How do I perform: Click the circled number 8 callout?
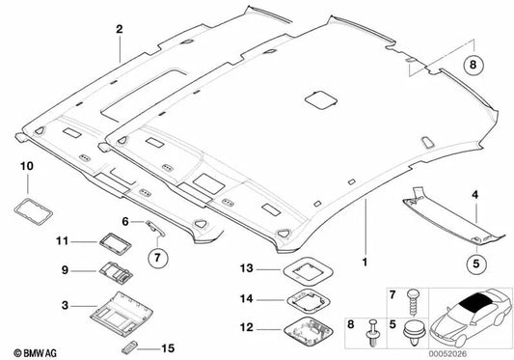click(x=473, y=67)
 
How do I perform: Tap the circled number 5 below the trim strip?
click(x=475, y=260)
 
